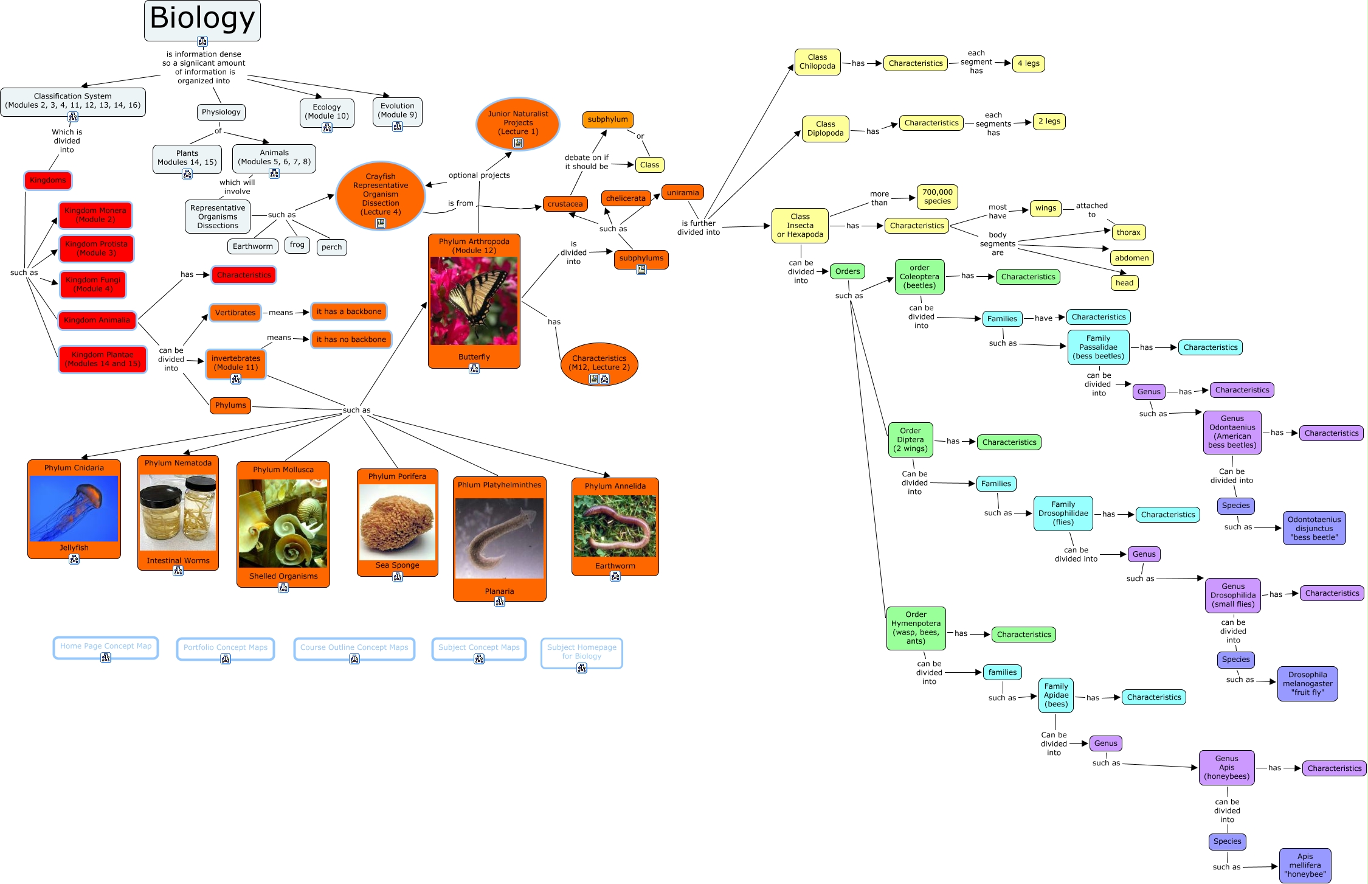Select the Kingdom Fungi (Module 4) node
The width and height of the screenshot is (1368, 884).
[93, 285]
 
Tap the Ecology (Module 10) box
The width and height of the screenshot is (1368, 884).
[326, 112]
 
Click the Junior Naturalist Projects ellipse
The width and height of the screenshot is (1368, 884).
[518, 124]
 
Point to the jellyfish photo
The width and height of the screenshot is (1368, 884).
[74, 509]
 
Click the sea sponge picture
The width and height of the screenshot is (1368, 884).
[397, 521]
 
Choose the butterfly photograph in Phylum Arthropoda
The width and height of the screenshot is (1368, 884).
[474, 301]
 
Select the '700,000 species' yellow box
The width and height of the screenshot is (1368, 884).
[937, 197]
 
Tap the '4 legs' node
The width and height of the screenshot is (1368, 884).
[1028, 63]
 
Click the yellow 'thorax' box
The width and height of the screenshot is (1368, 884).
[1128, 232]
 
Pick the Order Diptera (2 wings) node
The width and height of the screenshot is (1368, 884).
[910, 440]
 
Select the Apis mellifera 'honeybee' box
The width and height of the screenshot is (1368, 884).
[1305, 865]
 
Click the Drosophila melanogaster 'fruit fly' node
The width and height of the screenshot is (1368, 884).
[1307, 684]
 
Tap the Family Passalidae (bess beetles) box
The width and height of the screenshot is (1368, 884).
[1098, 347]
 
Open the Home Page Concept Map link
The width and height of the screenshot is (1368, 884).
[106, 647]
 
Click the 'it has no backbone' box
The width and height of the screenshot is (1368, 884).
[351, 339]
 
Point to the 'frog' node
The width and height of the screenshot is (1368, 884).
[297, 245]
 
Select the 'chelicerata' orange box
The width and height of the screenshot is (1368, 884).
[625, 198]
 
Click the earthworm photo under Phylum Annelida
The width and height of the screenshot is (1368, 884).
[615, 526]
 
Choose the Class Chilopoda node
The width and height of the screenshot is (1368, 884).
[817, 62]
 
